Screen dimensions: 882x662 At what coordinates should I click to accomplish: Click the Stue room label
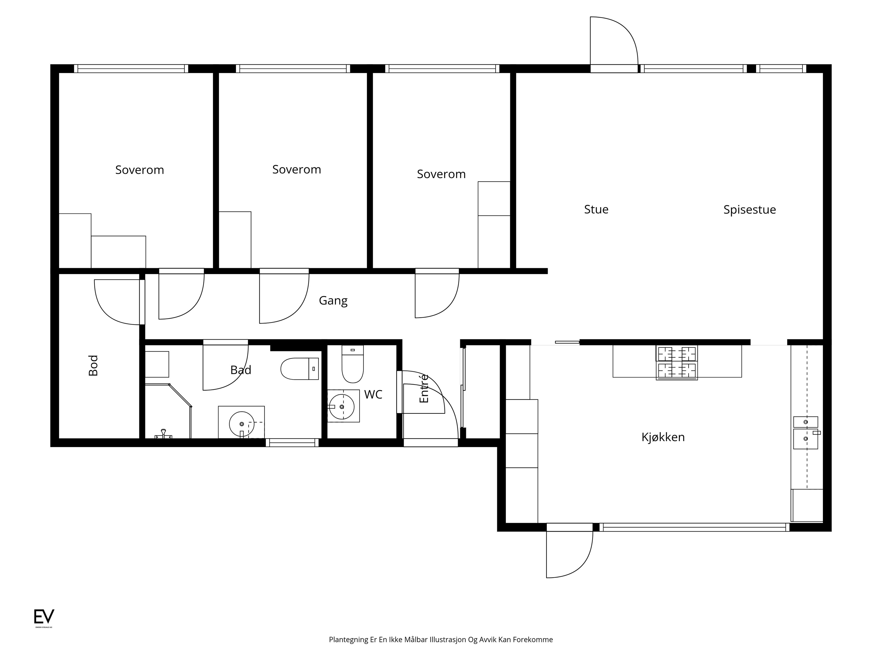[x=596, y=209]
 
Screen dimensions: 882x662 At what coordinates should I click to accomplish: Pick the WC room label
[x=373, y=394]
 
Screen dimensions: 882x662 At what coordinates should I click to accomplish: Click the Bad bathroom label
[x=241, y=370]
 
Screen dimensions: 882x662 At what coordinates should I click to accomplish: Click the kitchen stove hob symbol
[x=677, y=362]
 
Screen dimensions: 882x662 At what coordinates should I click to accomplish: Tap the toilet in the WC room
[x=353, y=364]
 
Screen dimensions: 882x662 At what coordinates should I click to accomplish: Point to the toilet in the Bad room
[x=300, y=369]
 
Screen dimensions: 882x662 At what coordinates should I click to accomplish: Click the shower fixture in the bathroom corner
[x=164, y=434]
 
